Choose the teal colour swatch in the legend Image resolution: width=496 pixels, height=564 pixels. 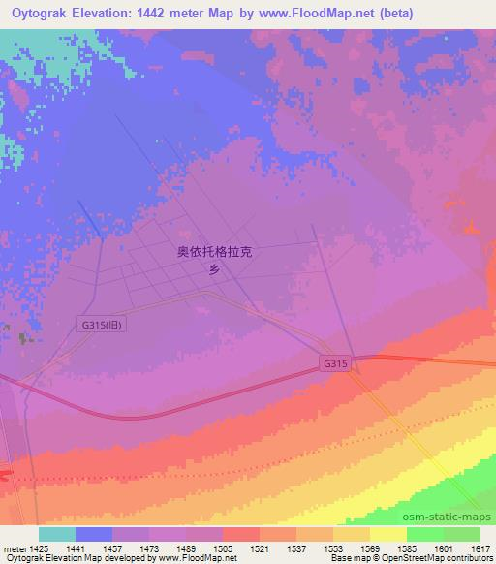[x=56, y=534]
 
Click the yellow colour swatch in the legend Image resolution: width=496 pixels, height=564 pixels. [x=388, y=534]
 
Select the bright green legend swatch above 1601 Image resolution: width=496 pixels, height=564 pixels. [x=425, y=534]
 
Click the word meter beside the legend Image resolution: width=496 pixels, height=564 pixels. [x=13, y=548]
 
